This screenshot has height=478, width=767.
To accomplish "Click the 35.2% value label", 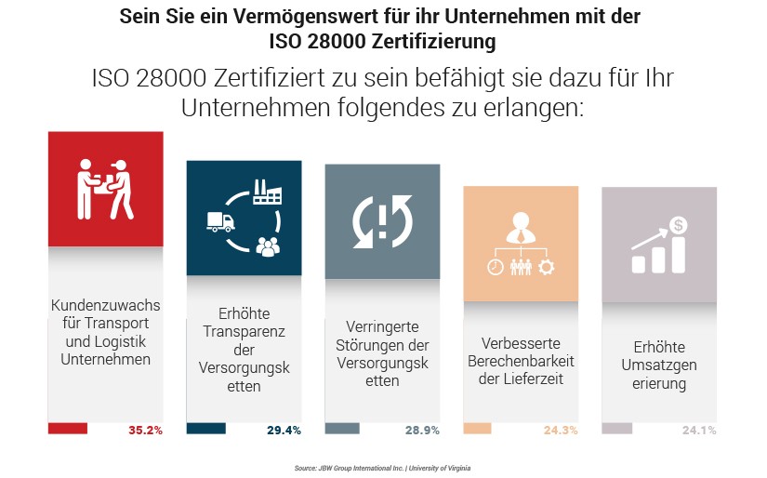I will click(x=146, y=431).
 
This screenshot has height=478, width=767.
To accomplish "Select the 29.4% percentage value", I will click(x=284, y=431).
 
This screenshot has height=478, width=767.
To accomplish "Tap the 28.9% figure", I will click(x=422, y=431).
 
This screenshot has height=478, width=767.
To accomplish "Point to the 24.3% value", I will click(x=561, y=431).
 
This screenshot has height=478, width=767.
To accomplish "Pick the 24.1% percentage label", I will click(x=699, y=431).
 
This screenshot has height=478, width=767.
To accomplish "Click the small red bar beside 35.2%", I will click(x=68, y=429).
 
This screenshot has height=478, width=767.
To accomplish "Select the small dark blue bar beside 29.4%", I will click(x=206, y=429).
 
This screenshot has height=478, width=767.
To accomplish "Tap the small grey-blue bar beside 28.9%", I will click(x=342, y=429).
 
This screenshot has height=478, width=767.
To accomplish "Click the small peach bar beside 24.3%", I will click(x=477, y=429).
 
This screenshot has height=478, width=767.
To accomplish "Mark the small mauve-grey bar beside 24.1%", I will click(x=617, y=429).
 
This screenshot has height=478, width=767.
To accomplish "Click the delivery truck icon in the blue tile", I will click(x=220, y=222).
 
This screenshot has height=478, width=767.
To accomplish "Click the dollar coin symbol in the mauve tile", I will click(x=680, y=224).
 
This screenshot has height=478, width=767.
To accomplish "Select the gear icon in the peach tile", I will click(x=546, y=267).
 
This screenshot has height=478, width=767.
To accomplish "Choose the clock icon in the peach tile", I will click(x=495, y=267).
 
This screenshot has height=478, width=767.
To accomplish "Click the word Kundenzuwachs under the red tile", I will click(x=105, y=305).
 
